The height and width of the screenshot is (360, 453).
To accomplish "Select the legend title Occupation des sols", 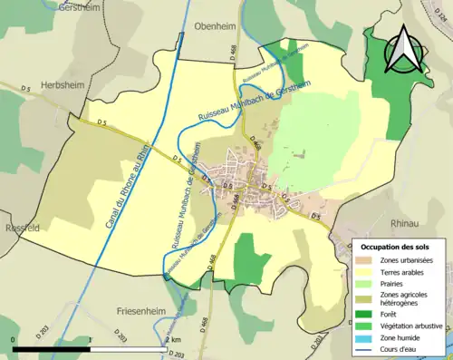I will pyautogui.click(x=401, y=246).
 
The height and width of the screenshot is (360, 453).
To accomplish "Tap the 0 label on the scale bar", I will pyautogui.click(x=14, y=338).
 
